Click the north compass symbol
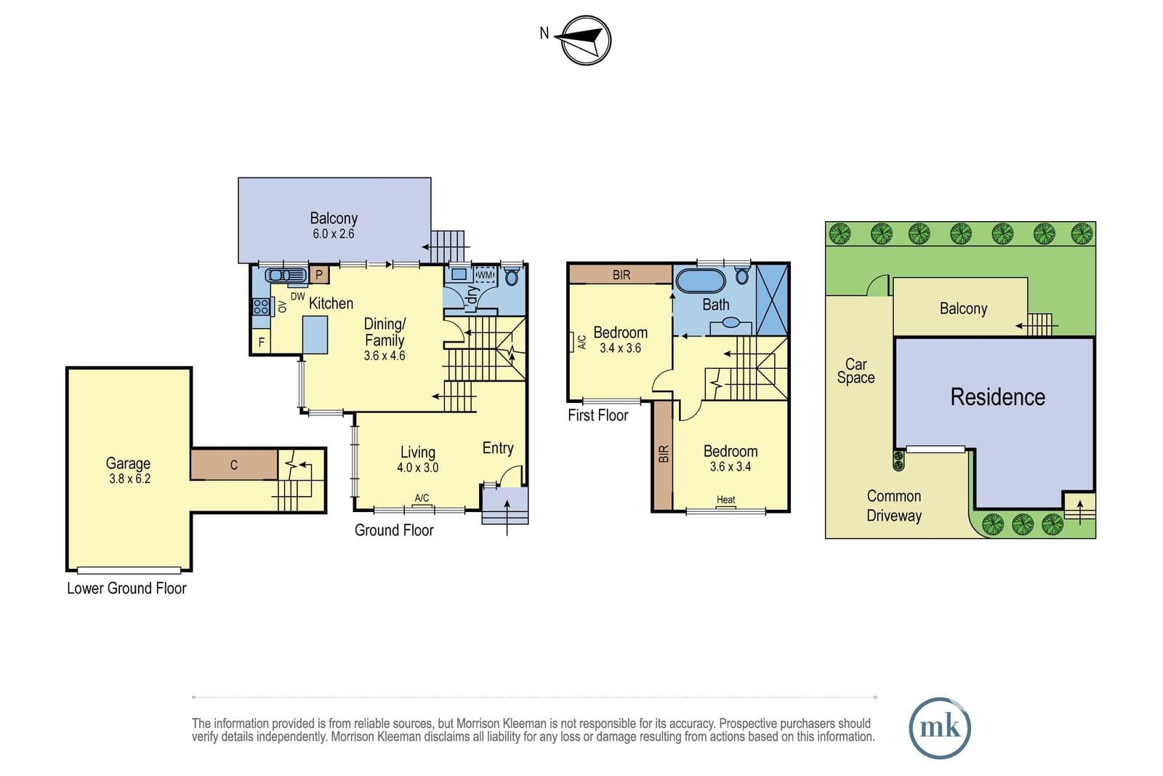pyautogui.click(x=585, y=40)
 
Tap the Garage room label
pyautogui.click(x=128, y=463)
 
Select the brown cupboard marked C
pyautogui.click(x=233, y=464)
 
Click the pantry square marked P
pyautogui.click(x=319, y=274)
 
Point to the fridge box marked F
pyautogui.click(x=261, y=342)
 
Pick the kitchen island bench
pyautogui.click(x=315, y=335)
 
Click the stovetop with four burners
pyautogui.click(x=261, y=306)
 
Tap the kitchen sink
pyautogui.click(x=286, y=275)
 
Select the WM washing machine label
pyautogui.click(x=484, y=275)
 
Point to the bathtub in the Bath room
pyautogui.click(x=700, y=281)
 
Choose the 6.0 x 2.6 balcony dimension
pyautogui.click(x=334, y=233)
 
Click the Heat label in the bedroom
pyautogui.click(x=725, y=500)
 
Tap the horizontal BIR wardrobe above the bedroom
pyautogui.click(x=621, y=274)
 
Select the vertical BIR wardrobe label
pyautogui.click(x=664, y=454)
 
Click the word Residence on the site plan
pyautogui.click(x=997, y=397)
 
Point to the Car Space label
pyautogui.click(x=856, y=371)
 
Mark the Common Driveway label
pyautogui.click(x=894, y=505)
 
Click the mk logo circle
pyautogui.click(x=940, y=728)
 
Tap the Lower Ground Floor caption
pyautogui.click(x=126, y=588)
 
